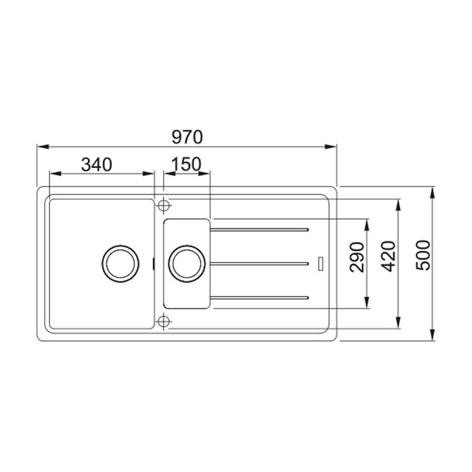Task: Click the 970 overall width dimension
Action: pos(187,137)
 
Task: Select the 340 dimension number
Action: pos(97,165)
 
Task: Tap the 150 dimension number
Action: pos(186,165)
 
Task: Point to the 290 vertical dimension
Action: pos(358,257)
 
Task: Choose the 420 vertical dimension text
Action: pos(388,257)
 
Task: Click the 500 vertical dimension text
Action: pos(423,255)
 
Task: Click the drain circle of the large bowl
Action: pos(120,264)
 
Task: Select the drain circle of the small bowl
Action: pos(187,264)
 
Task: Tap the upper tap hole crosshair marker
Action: pos(163,206)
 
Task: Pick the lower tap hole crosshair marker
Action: pos(163,322)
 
